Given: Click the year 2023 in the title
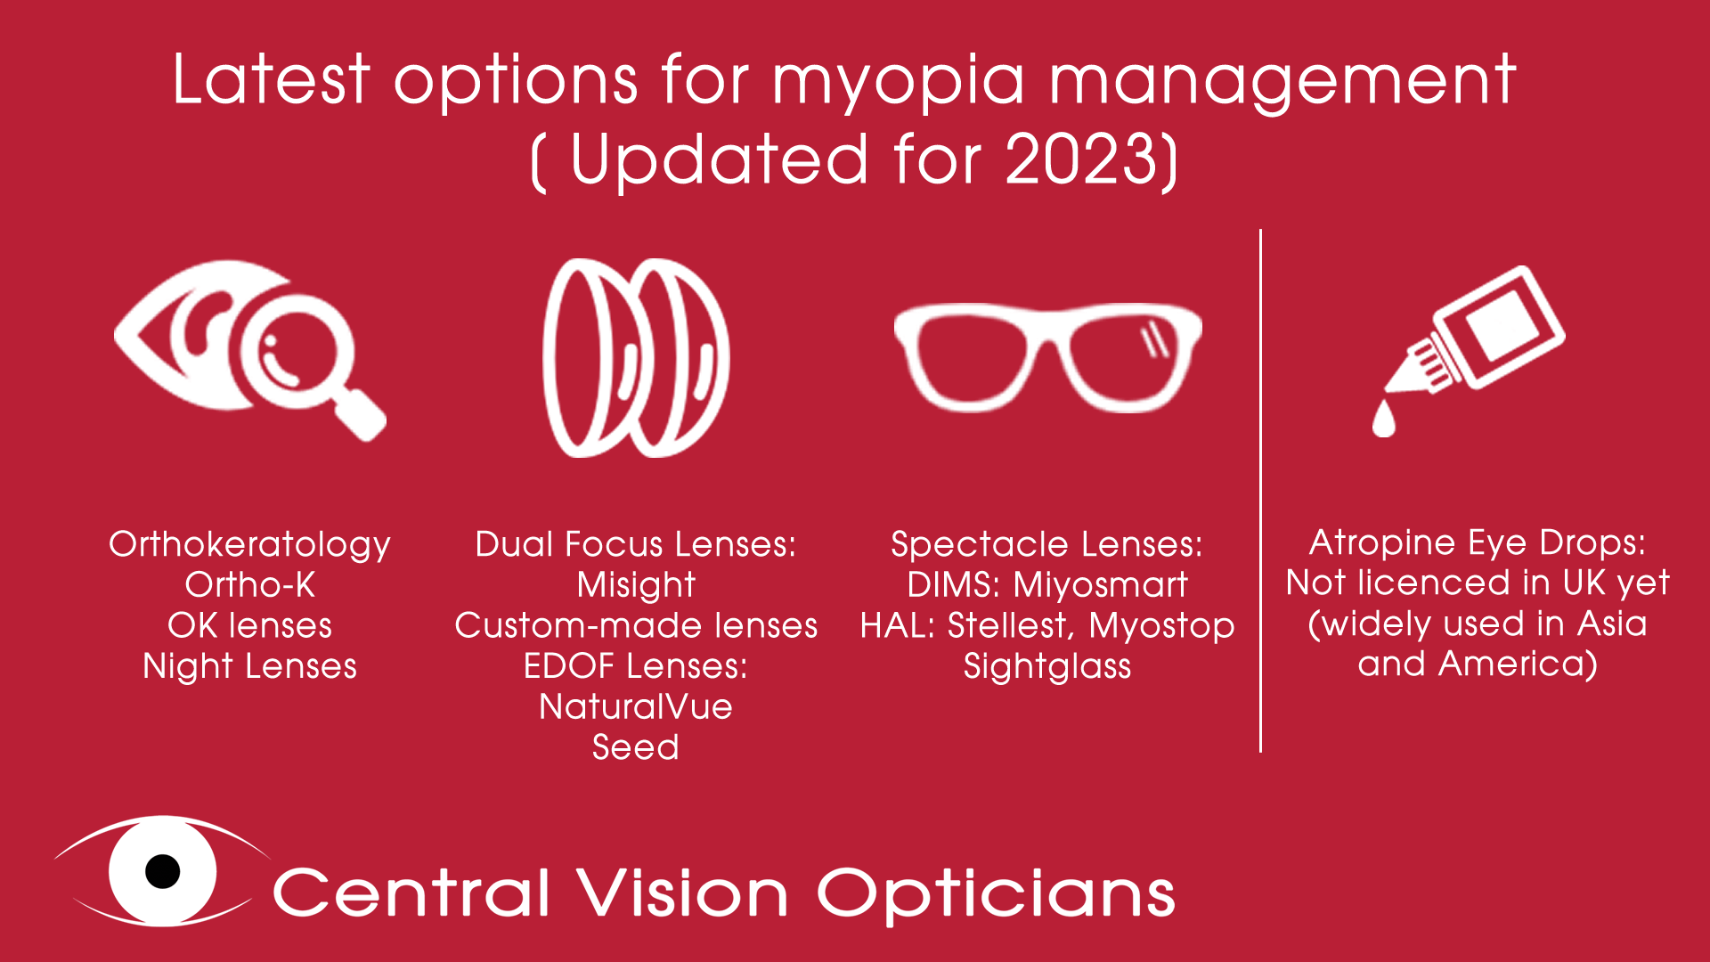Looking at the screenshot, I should click(1085, 160).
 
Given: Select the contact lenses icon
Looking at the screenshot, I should click(636, 358).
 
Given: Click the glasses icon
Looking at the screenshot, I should click(1047, 356).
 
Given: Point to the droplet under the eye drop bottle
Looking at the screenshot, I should click(1383, 419).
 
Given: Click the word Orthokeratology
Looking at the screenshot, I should click(249, 544).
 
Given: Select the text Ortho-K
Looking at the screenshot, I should click(249, 585).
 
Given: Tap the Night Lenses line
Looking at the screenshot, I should click(249, 666).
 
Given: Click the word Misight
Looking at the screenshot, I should click(636, 585).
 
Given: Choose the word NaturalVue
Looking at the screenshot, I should click(636, 706).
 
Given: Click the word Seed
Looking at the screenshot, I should click(636, 747).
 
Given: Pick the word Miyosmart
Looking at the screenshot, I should click(1100, 585).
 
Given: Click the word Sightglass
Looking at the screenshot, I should click(1047, 666).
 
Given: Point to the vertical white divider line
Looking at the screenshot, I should click(1260, 490).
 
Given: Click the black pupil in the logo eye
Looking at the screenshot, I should click(163, 870).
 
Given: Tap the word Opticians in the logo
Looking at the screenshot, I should click(996, 893).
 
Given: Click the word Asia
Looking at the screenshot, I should click(1611, 624).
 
